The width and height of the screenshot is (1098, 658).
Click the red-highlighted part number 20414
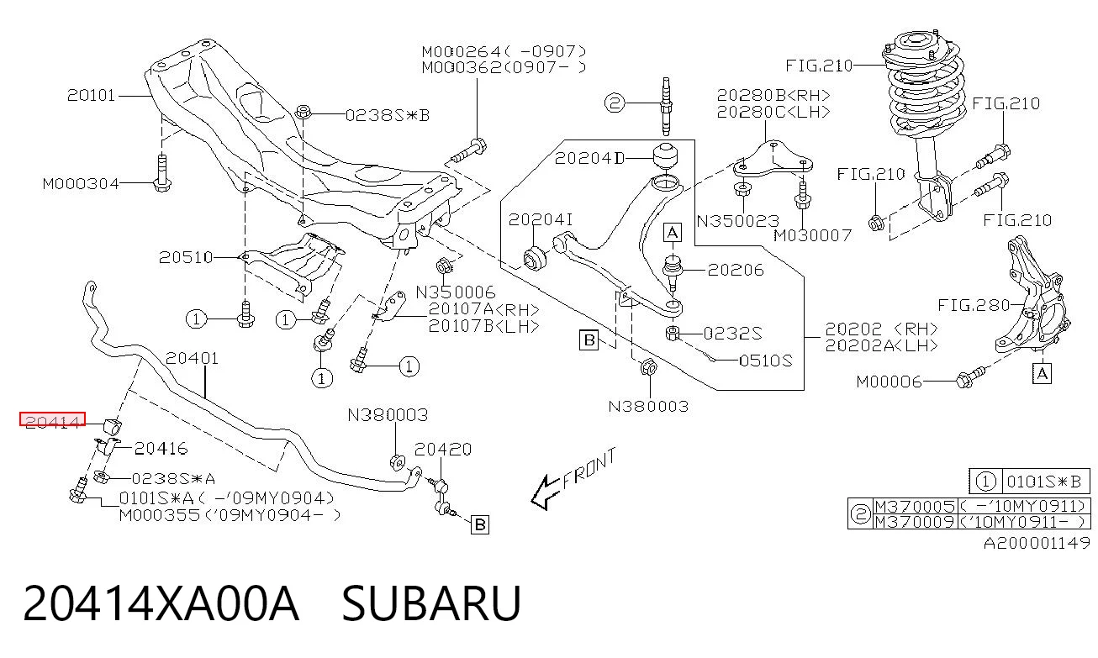click(x=52, y=420)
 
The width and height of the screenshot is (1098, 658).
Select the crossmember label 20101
click(x=91, y=95)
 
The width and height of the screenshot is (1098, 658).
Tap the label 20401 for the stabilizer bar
click(x=193, y=358)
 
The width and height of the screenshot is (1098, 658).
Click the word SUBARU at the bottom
click(x=431, y=603)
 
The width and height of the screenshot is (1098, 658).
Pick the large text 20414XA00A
click(x=161, y=603)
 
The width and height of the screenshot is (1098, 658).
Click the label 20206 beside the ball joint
click(x=736, y=270)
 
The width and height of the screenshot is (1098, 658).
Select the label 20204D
click(x=590, y=158)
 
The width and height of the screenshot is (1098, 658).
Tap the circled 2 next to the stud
click(x=615, y=103)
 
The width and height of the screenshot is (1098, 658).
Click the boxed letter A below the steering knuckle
click(x=1042, y=374)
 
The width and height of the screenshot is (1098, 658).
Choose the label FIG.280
click(x=974, y=305)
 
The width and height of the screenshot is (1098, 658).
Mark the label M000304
click(x=81, y=184)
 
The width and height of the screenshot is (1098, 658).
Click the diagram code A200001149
click(x=1037, y=543)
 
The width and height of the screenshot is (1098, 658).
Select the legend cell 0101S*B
click(x=1044, y=482)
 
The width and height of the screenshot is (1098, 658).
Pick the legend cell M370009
click(x=916, y=522)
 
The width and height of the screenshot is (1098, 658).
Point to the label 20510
click(x=186, y=257)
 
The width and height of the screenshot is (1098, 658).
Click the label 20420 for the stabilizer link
click(x=443, y=450)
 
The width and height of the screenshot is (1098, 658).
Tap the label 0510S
click(x=766, y=361)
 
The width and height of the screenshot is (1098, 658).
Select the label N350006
click(x=456, y=292)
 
